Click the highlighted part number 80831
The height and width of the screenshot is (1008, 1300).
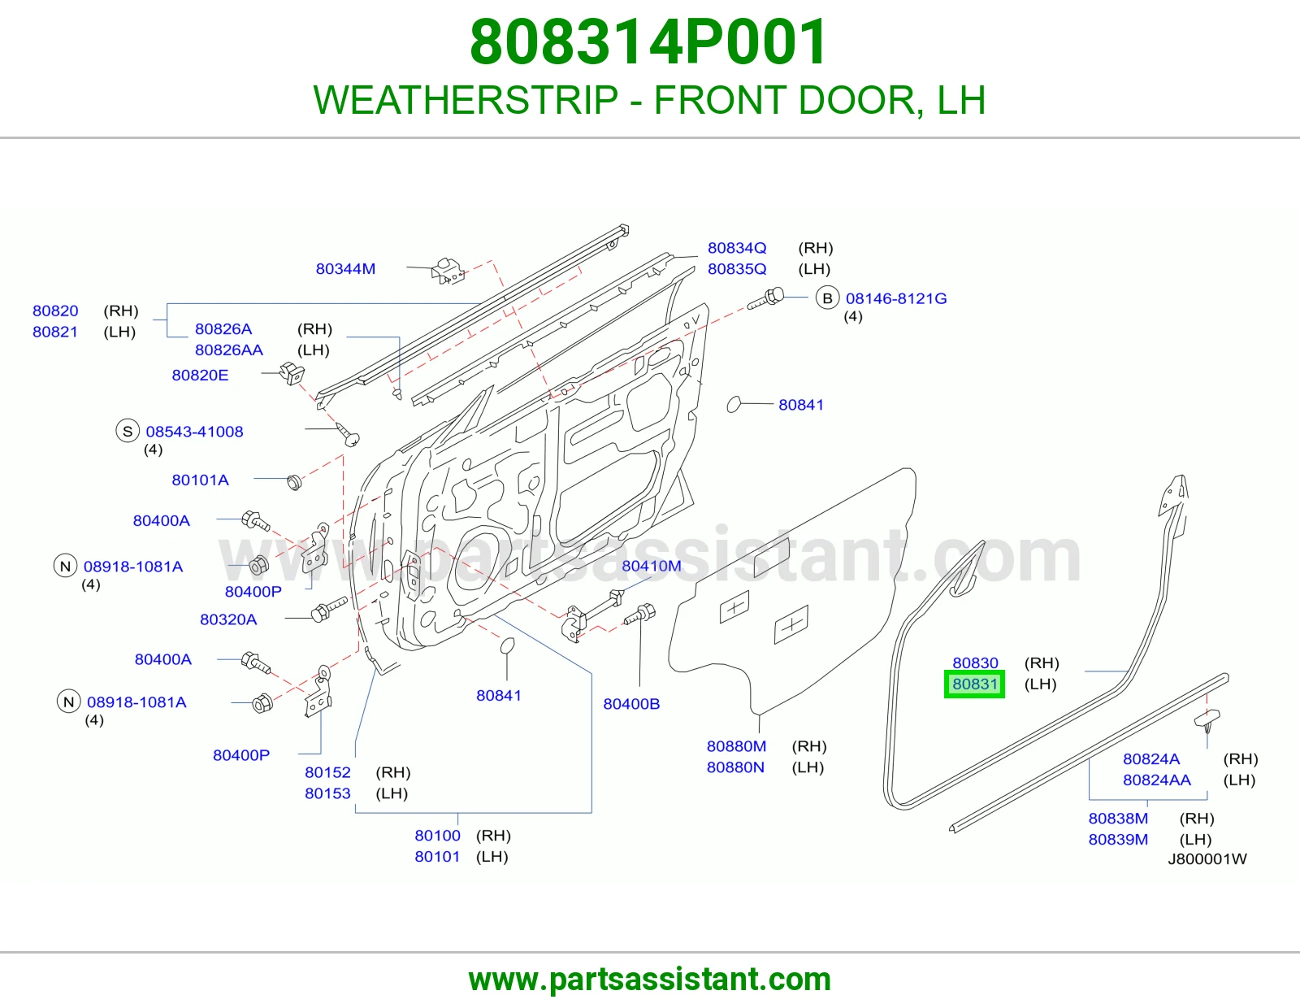pos(974,684)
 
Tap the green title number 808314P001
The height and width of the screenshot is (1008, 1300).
pos(649,42)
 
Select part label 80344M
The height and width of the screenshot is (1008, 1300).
pos(346,269)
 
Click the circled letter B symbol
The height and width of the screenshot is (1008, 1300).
pos(827,298)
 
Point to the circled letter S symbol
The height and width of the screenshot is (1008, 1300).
pos(128,431)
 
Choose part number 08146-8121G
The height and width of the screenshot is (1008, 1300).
pos(896,298)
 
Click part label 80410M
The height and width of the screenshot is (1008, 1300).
pos(652,566)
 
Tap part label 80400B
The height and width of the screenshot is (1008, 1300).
pos(631,704)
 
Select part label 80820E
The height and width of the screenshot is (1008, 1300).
pos(200,375)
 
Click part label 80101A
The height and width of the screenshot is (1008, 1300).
pos(200,480)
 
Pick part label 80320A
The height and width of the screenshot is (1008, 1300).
pos(228,619)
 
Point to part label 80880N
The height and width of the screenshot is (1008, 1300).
pos(735,767)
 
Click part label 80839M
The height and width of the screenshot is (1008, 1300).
pos(1118,839)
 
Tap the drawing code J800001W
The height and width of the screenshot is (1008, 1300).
pos(1207,859)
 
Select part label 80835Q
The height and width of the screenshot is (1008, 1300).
pos(737,269)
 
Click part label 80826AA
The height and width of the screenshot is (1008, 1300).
pos(229,350)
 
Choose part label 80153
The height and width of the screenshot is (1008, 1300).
pos(327,793)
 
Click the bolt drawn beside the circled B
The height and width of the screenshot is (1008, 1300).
pos(766,298)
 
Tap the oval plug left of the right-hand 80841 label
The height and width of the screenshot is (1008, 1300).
pos(734,405)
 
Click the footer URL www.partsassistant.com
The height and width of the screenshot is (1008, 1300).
pos(650,980)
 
